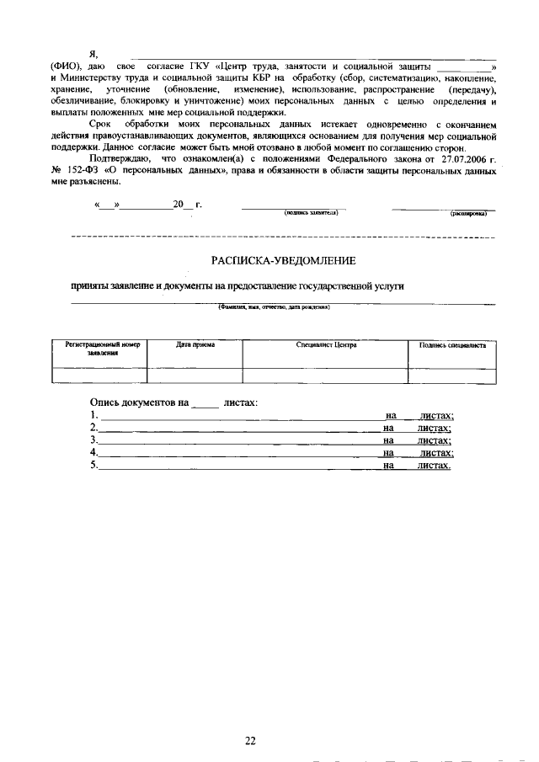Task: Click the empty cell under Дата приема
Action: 195,376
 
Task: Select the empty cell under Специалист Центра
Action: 326,376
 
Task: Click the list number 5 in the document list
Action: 93,465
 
